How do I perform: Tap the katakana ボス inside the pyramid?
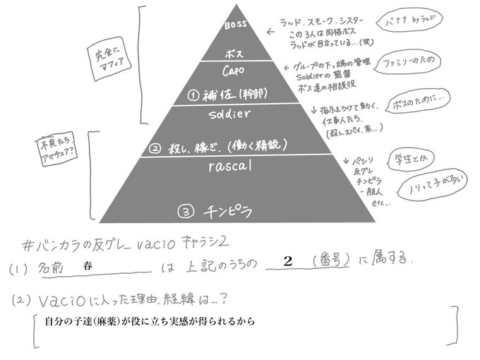(234, 53)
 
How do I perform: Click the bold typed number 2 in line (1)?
(287, 261)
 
